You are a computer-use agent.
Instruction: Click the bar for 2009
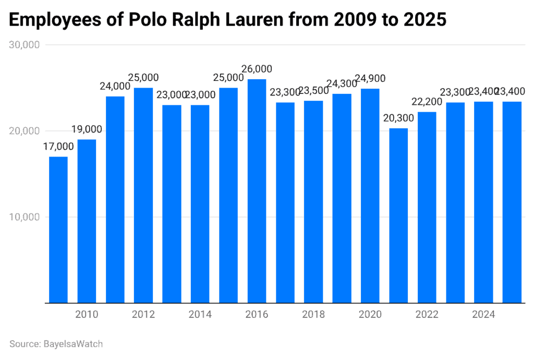point(58,230)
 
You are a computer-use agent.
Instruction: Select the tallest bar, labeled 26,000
point(257,191)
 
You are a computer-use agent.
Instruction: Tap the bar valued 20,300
point(399,215)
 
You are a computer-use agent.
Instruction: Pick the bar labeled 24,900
point(370,196)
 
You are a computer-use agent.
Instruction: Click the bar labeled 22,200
point(427,207)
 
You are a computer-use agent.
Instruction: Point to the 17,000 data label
point(58,147)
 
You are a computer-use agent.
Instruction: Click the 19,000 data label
point(87,129)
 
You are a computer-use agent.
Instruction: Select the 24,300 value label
point(342,83)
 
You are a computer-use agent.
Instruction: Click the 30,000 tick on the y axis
point(25,45)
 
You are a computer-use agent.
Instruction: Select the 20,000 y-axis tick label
point(25,131)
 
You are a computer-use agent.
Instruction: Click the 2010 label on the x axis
point(87,315)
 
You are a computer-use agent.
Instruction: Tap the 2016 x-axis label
point(257,315)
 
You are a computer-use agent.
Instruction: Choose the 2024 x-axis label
point(483,315)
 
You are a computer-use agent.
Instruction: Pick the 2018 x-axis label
point(313,315)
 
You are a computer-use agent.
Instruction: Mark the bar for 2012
point(143,195)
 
